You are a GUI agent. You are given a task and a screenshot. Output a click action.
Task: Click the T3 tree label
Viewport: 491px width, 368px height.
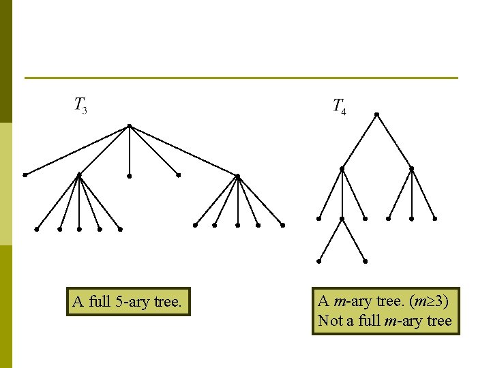click(x=80, y=106)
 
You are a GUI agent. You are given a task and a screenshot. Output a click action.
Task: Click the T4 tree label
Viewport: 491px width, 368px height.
click(x=339, y=106)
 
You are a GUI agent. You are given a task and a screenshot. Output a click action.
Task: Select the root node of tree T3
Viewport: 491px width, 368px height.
click(x=129, y=126)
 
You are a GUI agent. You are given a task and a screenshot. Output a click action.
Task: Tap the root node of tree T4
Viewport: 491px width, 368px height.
click(x=376, y=114)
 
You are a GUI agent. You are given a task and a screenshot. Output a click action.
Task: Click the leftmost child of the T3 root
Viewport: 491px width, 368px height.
click(x=25, y=175)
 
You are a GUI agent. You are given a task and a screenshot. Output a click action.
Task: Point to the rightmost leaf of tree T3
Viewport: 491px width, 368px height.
click(x=282, y=225)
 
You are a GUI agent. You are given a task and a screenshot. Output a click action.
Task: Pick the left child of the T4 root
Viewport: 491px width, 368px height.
click(x=342, y=168)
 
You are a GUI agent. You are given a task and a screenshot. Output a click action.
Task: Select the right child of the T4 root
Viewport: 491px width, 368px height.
click(x=411, y=168)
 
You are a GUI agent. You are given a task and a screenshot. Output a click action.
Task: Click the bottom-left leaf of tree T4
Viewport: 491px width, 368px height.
click(x=318, y=261)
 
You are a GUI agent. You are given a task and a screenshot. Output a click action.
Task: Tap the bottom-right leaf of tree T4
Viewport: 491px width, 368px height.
click(x=366, y=261)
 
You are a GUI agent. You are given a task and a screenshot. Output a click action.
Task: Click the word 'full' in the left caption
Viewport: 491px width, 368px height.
click(x=99, y=302)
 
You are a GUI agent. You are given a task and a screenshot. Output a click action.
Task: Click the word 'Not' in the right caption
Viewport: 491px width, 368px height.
click(x=330, y=320)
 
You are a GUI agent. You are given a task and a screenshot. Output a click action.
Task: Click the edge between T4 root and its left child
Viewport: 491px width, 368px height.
click(x=359, y=141)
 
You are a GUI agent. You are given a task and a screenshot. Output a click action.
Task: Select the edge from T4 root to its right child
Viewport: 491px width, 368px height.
click(x=394, y=141)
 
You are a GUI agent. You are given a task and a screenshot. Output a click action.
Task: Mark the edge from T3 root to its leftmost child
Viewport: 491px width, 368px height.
click(x=77, y=151)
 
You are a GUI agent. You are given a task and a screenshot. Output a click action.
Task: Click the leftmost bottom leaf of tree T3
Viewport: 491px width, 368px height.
click(x=37, y=229)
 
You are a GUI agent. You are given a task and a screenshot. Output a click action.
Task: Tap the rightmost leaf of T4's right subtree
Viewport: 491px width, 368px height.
click(x=434, y=219)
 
